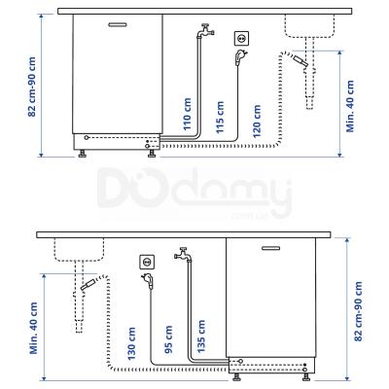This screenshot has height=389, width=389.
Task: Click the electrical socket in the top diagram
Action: pos(238,37)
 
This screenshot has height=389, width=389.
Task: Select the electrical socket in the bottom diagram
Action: pos(148,260)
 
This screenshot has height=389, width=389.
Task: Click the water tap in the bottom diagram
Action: pos(182,254)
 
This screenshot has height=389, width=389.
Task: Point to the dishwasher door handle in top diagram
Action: pos(116,21)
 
